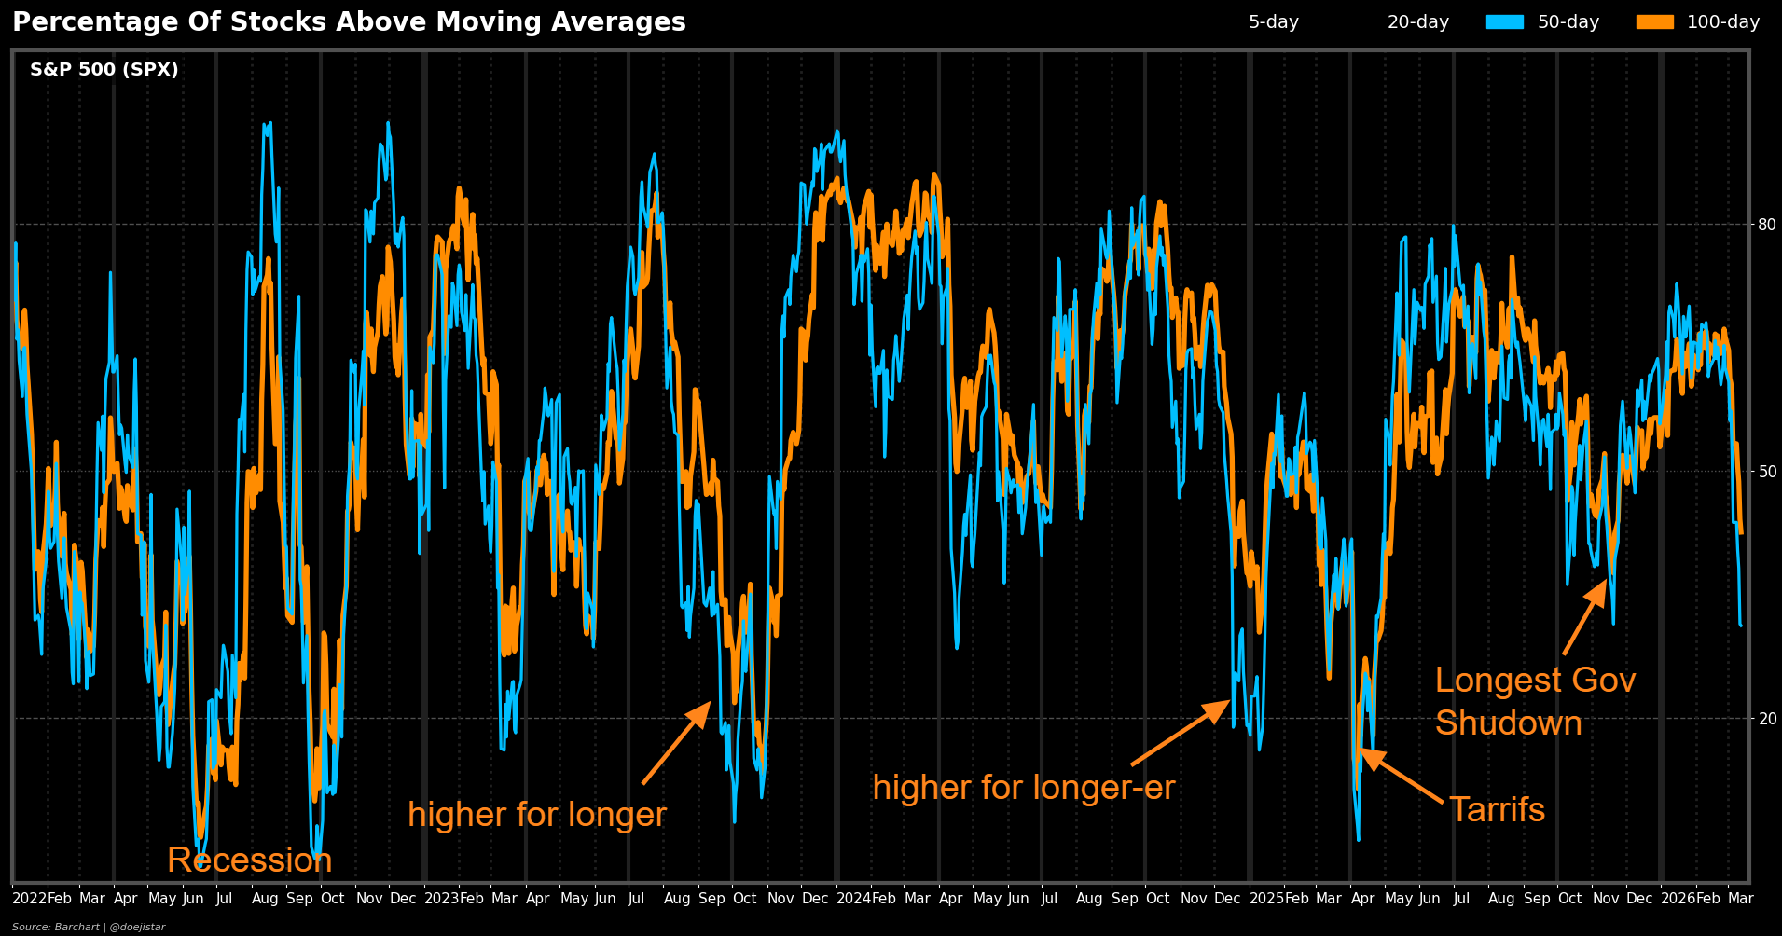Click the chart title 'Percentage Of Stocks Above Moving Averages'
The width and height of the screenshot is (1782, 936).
point(349,22)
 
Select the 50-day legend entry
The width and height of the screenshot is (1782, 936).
point(1542,22)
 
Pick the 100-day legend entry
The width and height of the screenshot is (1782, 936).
point(1697,22)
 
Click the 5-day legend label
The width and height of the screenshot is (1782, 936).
point(1273,22)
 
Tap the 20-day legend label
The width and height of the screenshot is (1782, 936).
point(1417,22)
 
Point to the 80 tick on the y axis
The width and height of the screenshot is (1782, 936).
point(1767,225)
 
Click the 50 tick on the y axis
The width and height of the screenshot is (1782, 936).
point(1767,472)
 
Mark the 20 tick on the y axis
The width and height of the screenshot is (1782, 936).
point(1767,719)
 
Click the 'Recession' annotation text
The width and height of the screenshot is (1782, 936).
point(249,860)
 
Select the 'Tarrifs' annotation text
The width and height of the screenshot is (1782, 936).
point(1497,810)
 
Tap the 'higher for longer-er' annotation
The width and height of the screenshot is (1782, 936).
point(1023,788)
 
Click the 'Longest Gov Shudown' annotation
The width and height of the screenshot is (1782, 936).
point(1534,701)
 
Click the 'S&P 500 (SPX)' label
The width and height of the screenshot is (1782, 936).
point(104,70)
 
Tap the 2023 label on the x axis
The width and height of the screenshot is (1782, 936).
point(441,899)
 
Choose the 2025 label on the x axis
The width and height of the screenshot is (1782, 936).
point(1266,899)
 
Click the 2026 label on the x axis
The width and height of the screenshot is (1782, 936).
point(1678,899)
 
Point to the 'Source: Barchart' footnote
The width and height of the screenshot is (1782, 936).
point(89,927)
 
